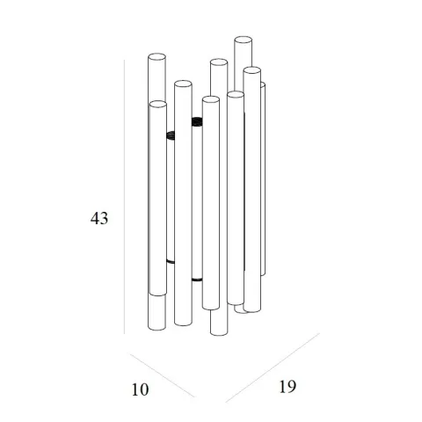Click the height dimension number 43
[x=99, y=218]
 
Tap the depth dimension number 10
[x=140, y=389]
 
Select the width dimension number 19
[x=287, y=386]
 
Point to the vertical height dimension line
[x=124, y=197]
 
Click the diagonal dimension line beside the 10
[x=162, y=375]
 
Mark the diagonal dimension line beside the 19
[x=273, y=367]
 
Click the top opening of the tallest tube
[x=243, y=40]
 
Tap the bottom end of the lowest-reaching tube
[x=219, y=332]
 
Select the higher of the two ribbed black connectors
[x=197, y=121]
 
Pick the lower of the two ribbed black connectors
[x=171, y=135]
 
